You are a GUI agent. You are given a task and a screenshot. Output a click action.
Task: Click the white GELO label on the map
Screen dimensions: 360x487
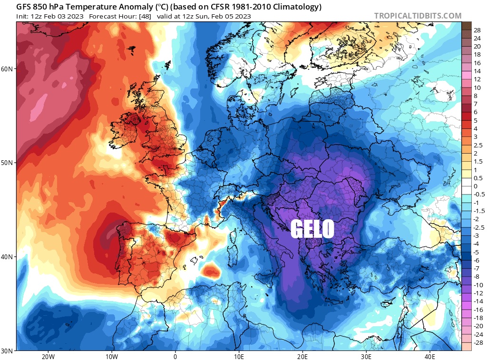click(312, 229)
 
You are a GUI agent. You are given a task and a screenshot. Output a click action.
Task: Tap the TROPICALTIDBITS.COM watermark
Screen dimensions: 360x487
click(418, 16)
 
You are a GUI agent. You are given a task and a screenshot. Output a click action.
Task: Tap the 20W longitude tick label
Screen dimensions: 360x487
click(48, 356)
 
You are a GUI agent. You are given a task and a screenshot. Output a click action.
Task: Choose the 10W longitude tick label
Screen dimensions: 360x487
click(111, 356)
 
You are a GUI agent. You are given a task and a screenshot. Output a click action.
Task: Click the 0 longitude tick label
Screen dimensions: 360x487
click(175, 356)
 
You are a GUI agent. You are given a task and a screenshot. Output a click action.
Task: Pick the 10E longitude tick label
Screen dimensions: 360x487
click(239, 356)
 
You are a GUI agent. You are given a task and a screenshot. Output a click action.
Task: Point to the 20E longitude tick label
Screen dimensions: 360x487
click(302, 356)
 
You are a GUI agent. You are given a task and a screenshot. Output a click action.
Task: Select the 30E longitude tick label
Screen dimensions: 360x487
click(366, 356)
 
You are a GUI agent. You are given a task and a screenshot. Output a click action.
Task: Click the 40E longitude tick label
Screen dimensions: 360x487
click(429, 356)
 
